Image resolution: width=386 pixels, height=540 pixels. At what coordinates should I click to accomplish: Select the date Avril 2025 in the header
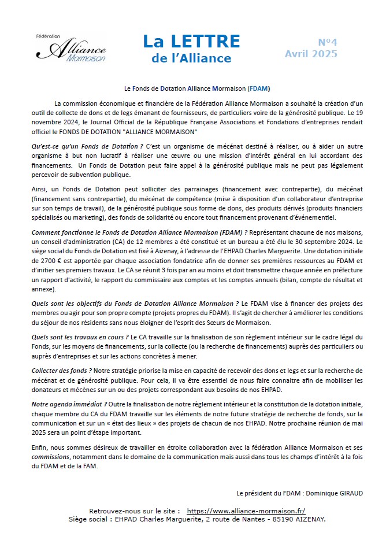point(311,54)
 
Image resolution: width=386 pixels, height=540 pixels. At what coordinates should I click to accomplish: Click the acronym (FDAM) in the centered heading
point(259,90)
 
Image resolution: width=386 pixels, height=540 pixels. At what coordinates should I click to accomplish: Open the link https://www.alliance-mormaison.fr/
point(246,511)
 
